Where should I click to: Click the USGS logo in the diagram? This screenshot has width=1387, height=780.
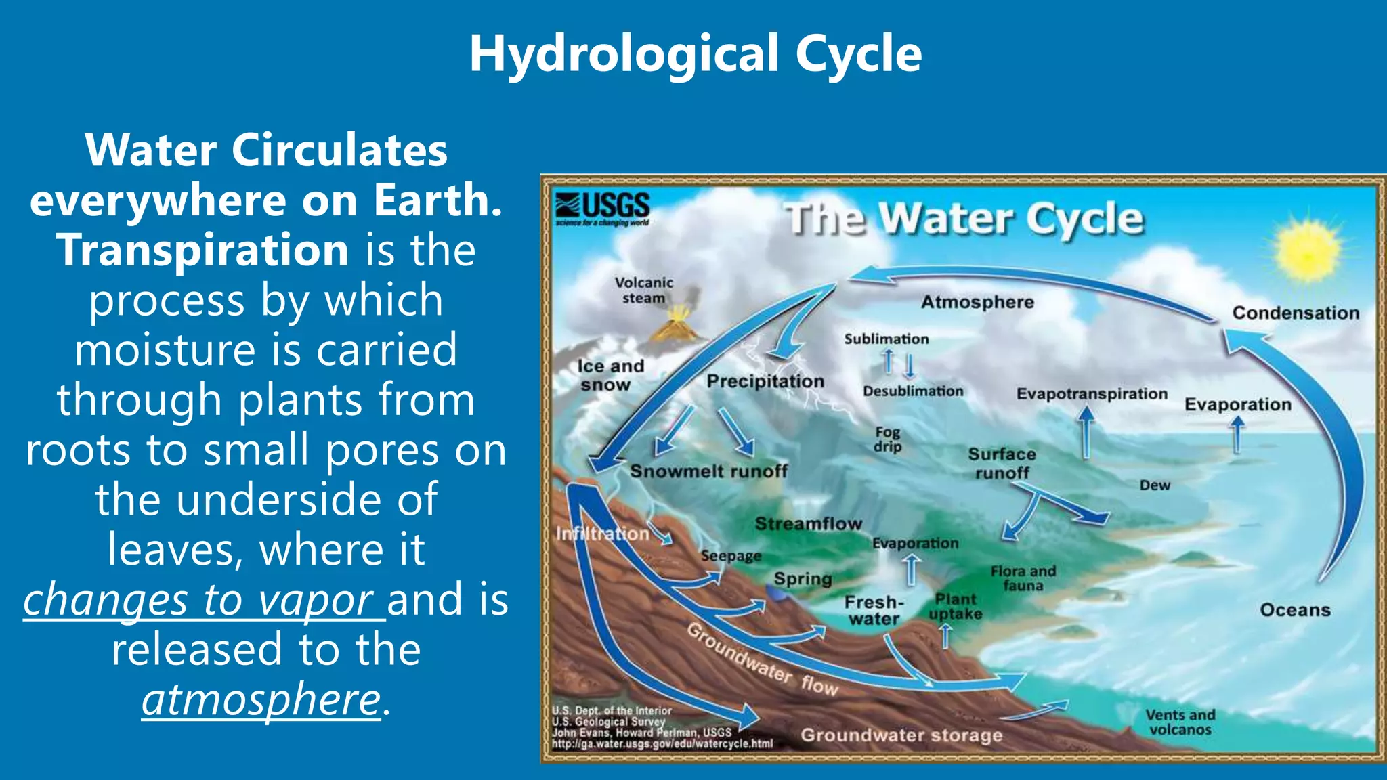pos(602,208)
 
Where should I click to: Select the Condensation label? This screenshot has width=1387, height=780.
pos(1295,313)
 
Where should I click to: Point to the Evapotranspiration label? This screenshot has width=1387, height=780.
pos(1092,394)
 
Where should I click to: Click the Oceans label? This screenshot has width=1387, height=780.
pos(1294,610)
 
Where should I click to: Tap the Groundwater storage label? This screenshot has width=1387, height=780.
pos(901,735)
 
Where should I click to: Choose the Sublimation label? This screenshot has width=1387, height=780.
pos(886,339)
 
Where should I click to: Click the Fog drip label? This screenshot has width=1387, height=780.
pos(887,439)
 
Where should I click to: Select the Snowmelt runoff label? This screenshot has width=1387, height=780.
pos(708,471)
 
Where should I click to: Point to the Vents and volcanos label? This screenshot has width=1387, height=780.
pos(1180,722)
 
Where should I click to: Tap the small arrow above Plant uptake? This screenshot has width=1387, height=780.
pos(946,636)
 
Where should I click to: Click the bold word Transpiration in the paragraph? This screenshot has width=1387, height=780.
pos(203,249)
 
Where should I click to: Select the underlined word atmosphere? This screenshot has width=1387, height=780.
pos(261,699)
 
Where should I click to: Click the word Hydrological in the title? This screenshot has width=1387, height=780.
pos(624,53)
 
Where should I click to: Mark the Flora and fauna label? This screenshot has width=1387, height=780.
pos(1023,578)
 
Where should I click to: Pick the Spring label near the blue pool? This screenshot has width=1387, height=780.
pos(803,579)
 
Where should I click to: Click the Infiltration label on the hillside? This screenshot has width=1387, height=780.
pos(602,534)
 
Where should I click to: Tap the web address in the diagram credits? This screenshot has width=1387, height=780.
pos(662,744)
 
